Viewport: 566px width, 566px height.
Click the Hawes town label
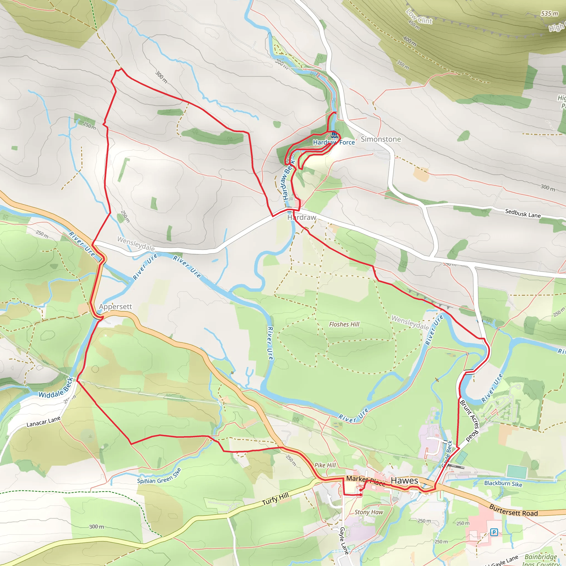tap(404, 481)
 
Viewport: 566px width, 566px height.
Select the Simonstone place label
tap(381, 139)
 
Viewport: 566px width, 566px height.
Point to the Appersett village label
tap(116, 306)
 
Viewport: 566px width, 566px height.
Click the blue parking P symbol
tap(494, 532)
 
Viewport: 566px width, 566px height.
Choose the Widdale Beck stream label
tap(56, 388)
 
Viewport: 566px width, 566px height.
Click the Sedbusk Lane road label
tap(523, 214)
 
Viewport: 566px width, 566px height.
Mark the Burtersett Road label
tap(513, 511)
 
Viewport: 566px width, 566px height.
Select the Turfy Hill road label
tap(275, 499)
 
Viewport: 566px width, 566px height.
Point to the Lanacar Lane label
tap(43, 421)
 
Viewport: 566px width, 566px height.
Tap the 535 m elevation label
tap(549, 14)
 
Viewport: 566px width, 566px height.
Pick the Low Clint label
tap(419, 16)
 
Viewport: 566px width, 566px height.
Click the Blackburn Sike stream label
tap(503, 483)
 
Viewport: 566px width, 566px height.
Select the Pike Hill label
tap(325, 465)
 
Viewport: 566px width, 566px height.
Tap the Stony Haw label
tap(369, 512)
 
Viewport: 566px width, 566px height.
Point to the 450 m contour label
tap(414, 25)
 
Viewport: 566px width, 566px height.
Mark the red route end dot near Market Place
tap(361, 495)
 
